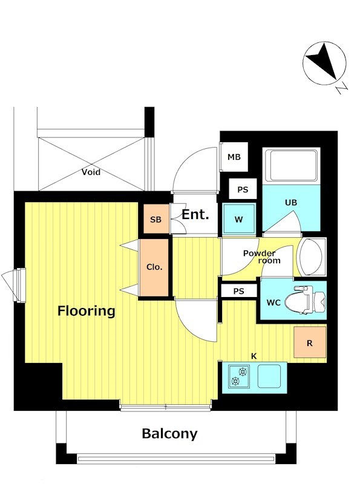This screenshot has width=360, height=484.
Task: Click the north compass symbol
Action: [x=324, y=64]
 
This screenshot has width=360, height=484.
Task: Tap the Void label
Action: [x=91, y=172]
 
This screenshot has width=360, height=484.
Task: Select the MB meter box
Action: [x=234, y=157]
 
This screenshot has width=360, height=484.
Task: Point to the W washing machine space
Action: [x=239, y=219]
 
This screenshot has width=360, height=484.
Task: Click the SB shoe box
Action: [x=156, y=219]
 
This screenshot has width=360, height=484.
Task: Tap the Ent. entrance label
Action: [x=195, y=214]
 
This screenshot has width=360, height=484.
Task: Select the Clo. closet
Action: [x=154, y=267]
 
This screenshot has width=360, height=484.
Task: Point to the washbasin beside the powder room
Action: [x=312, y=257]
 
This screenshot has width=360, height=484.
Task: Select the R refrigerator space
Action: [x=310, y=342]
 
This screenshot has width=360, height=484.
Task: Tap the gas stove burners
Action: [x=239, y=376]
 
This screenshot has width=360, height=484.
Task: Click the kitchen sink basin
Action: [x=269, y=376]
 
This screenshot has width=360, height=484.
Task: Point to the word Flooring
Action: [x=87, y=310]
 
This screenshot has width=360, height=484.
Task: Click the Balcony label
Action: [x=169, y=434]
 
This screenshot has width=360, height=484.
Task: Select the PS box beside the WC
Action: [x=239, y=291]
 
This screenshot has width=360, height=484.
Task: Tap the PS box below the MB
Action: [x=243, y=189]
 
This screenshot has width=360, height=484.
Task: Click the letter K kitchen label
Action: [x=254, y=356]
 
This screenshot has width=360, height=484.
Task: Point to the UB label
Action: [x=291, y=203]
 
